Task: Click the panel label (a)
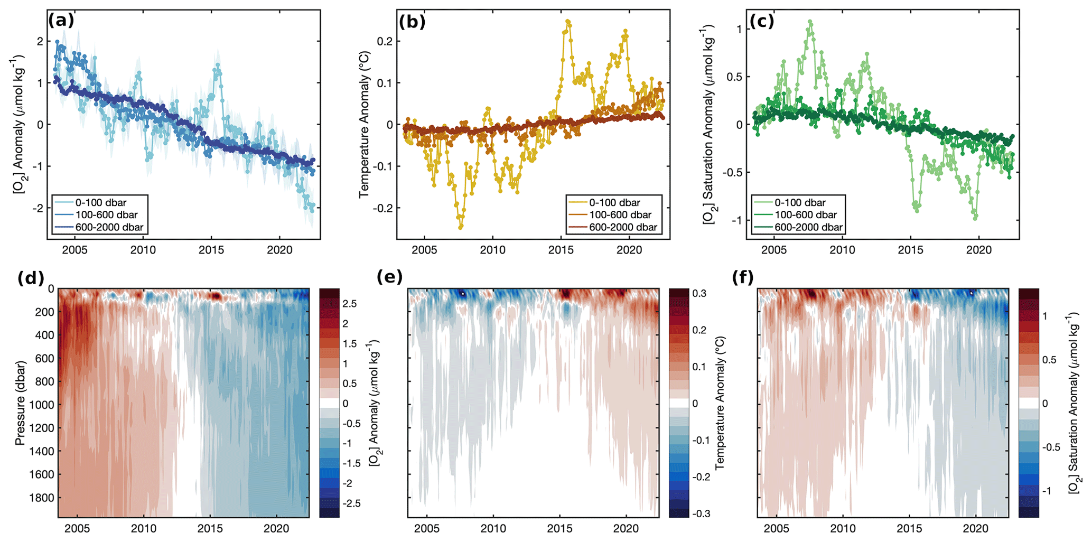pos(61,21)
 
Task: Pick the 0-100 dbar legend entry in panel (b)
pos(614,202)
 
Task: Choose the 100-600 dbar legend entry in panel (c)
pos(806,215)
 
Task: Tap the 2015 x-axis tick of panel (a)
pos(211,250)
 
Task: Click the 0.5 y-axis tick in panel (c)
pos(734,77)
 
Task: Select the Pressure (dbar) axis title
pos(20,403)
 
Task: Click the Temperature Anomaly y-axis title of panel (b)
pos(365,125)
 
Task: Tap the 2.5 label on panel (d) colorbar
pos(349,304)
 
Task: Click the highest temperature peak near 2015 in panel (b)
pos(568,22)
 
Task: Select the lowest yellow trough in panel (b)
pos(461,227)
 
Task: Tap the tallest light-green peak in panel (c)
pos(810,22)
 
